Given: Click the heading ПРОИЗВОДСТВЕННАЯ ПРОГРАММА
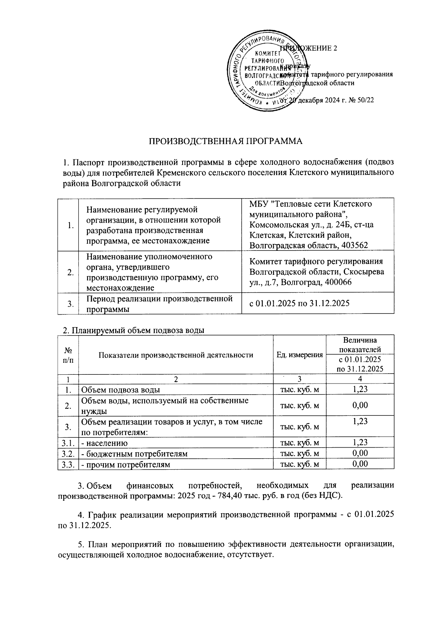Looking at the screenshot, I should [x=225, y=141].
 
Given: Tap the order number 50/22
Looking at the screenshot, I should [x=365, y=100].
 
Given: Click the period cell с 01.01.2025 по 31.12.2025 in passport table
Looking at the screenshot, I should [x=299, y=303].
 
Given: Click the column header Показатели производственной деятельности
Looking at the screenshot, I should [x=176, y=355].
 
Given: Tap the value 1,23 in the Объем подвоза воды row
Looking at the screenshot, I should [x=360, y=389].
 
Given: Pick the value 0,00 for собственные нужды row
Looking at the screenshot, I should [x=360, y=405].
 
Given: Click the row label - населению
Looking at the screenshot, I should [x=105, y=443].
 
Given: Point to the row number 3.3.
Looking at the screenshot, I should [x=68, y=464].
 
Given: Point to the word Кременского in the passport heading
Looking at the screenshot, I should [x=180, y=172].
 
